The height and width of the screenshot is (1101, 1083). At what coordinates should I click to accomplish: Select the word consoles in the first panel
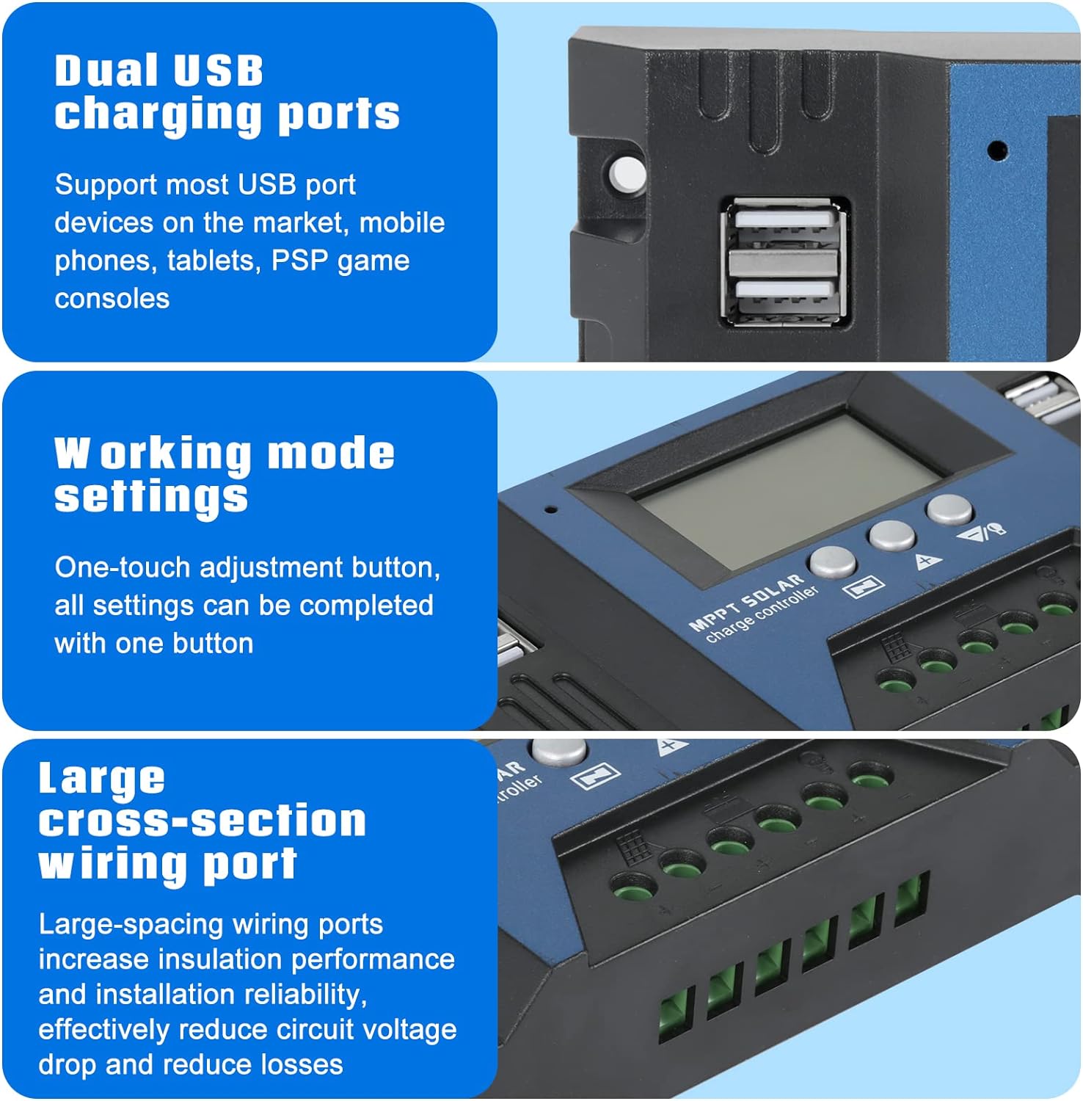(112, 299)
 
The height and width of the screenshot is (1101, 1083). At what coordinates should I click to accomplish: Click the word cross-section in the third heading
(202, 821)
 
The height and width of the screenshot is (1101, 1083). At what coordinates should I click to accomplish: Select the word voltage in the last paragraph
(410, 1029)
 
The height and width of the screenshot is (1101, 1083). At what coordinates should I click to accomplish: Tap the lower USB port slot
(785, 290)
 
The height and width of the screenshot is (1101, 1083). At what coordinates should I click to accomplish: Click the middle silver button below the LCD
(891, 535)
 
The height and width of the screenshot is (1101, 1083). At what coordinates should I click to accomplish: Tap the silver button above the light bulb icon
(949, 509)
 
